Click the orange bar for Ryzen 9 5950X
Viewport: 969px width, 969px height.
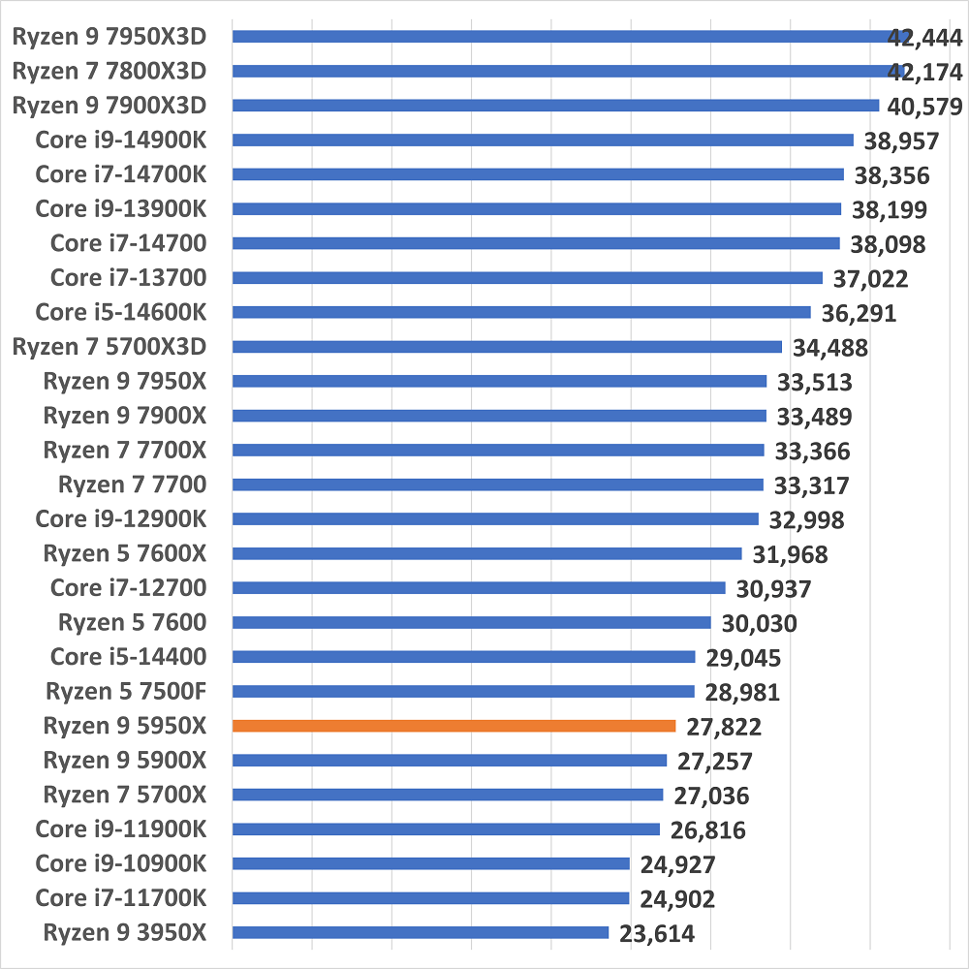tap(453, 726)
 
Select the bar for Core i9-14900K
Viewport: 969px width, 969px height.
tap(543, 140)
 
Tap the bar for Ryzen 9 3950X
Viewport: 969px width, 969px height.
tap(421, 932)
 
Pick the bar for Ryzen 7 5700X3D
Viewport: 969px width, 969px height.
tap(507, 347)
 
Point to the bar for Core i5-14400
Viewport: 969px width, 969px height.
tap(463, 657)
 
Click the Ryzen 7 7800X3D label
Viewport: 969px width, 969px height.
tap(109, 72)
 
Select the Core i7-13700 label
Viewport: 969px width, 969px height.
tap(128, 278)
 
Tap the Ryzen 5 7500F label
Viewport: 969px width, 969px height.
tap(125, 692)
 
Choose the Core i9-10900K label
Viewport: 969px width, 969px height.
tap(120, 863)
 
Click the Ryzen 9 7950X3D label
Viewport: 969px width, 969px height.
tap(109, 37)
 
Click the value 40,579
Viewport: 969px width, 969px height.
tap(924, 106)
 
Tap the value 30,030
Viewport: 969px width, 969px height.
tap(759, 623)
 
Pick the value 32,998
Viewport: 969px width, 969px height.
tap(806, 520)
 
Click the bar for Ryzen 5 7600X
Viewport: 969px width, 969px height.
tap(486, 553)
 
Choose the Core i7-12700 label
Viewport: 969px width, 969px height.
tap(128, 588)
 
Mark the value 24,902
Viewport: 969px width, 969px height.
tap(676, 899)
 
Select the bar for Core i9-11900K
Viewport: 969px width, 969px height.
tap(446, 828)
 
